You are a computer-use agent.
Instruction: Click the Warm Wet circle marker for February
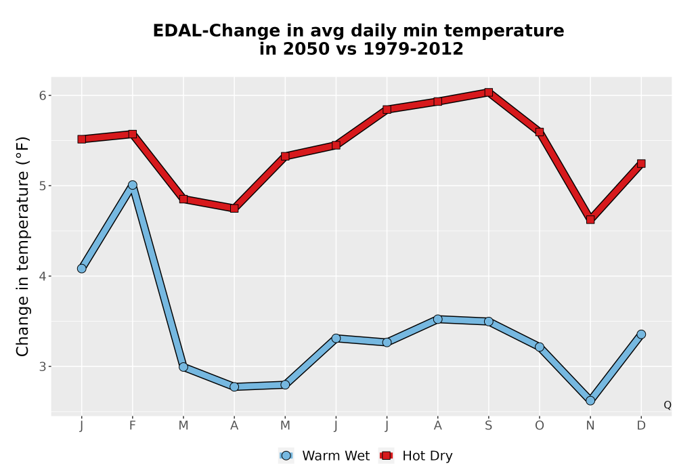133,185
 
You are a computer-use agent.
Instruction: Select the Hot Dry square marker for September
488,92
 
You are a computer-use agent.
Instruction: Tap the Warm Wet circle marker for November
590,401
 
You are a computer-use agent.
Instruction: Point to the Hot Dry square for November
590,219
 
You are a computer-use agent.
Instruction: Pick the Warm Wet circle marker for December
641,334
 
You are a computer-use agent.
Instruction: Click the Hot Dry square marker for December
641,164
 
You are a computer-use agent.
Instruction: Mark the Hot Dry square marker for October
540,132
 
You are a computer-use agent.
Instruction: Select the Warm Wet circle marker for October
540,347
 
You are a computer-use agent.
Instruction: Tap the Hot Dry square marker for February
133,134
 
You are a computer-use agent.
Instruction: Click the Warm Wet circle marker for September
488,321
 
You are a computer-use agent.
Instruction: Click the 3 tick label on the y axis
43,366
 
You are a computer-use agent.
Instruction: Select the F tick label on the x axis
133,426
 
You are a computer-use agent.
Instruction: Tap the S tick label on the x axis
488,426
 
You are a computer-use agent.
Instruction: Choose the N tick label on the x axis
590,426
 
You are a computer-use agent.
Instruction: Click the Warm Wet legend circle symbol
286,456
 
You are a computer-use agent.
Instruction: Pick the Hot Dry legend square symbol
386,456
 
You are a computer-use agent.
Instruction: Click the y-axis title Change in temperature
22,246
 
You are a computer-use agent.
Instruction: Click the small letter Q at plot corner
668,405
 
